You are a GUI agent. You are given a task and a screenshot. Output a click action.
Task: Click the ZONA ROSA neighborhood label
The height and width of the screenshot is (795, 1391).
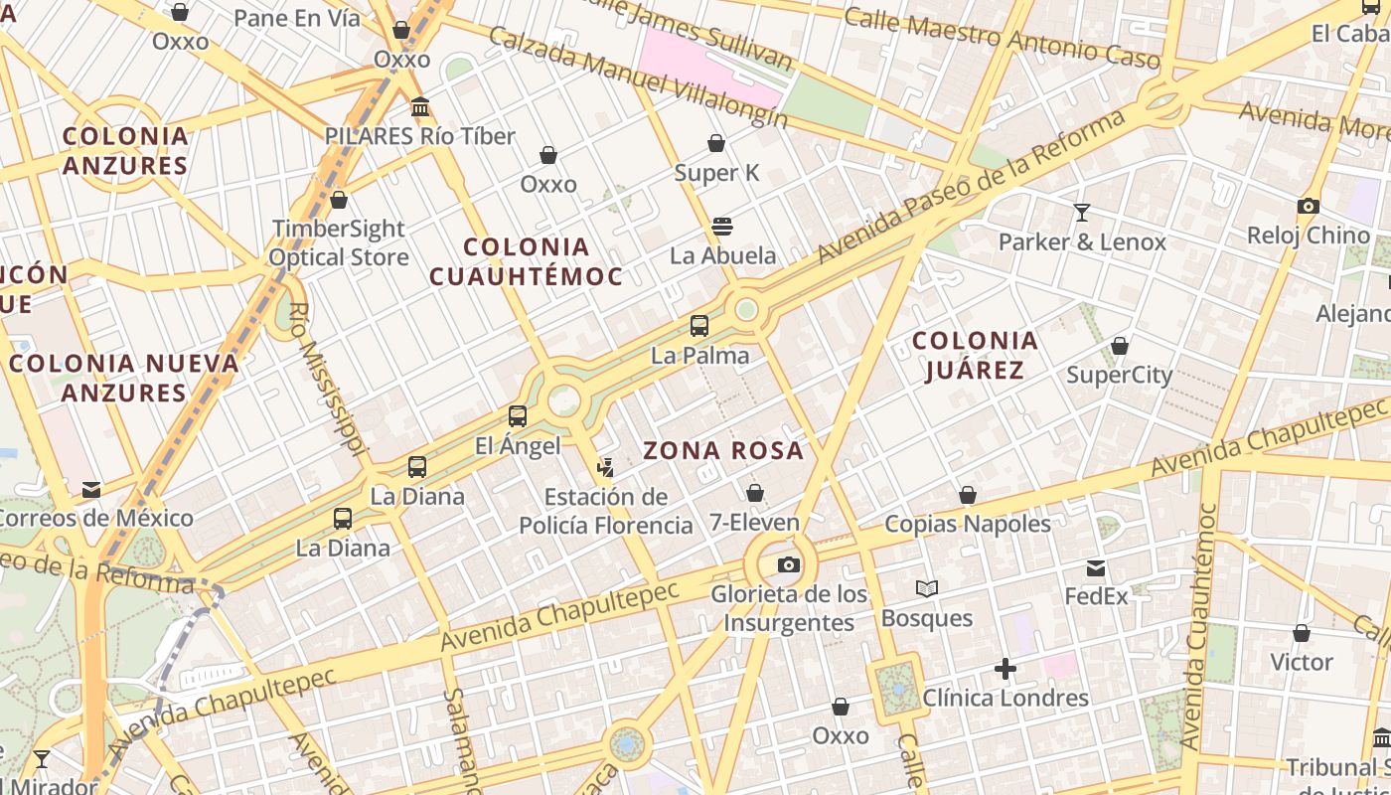click(722, 451)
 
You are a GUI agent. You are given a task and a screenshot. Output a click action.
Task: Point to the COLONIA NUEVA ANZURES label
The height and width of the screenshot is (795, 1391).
click(124, 378)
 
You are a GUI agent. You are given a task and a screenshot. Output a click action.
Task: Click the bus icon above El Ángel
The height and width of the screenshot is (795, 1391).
click(518, 416)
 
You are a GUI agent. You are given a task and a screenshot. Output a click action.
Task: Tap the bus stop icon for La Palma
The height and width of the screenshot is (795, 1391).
click(699, 325)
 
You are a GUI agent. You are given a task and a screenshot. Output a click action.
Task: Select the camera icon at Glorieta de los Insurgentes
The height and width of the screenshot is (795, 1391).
click(789, 564)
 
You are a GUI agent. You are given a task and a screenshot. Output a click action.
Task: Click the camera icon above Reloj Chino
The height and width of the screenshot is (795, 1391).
click(1309, 206)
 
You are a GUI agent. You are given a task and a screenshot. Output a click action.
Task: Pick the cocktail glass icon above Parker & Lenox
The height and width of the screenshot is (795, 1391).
click(1082, 212)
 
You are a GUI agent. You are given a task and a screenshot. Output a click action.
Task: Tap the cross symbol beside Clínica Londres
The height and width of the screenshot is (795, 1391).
click(1005, 669)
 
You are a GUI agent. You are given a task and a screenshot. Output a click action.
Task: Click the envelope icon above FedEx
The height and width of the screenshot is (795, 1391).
click(1096, 567)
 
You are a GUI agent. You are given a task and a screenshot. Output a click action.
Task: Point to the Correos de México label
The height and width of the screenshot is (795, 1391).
click(95, 518)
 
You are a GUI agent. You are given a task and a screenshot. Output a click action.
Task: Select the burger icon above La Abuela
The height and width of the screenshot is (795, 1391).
click(722, 226)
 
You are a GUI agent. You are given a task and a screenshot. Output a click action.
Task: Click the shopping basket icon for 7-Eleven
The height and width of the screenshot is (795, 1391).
click(755, 492)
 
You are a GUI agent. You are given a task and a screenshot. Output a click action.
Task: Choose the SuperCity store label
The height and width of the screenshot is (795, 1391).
click(1119, 376)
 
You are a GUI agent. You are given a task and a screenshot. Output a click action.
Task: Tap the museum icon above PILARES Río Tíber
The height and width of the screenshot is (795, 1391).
click(419, 106)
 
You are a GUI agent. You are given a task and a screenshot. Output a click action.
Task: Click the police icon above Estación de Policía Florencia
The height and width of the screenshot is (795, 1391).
click(605, 466)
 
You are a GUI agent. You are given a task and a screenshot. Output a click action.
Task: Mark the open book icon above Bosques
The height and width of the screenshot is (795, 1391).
click(927, 588)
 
